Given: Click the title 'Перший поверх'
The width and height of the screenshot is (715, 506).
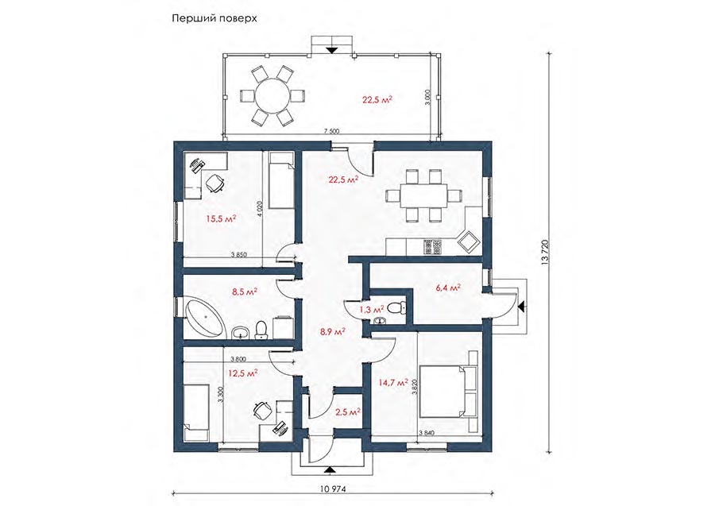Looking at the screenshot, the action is (214, 19).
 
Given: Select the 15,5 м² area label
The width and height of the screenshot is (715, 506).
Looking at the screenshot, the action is (221, 219).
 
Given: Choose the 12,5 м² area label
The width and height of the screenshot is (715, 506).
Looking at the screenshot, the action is (243, 373).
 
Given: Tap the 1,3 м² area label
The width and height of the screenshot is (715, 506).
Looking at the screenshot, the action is (372, 310).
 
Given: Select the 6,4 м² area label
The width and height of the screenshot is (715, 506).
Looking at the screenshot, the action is (446, 288).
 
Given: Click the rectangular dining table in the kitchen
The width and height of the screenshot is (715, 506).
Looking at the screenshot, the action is (424, 195).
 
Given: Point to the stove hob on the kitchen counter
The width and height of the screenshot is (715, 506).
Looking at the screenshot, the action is (432, 246).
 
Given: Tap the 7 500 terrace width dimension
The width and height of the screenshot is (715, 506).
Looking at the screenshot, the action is (331, 132).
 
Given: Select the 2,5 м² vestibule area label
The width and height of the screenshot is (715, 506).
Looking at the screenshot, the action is (348, 413).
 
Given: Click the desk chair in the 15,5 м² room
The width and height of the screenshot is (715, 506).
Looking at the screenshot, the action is (214, 183).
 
